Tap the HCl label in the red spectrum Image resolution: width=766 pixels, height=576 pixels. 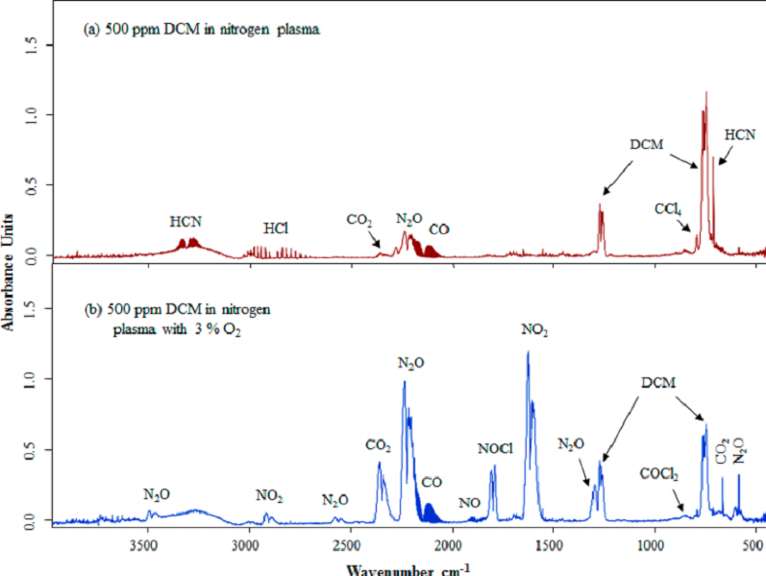277,228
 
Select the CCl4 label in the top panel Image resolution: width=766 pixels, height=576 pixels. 668,207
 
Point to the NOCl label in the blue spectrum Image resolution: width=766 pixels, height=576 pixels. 495,448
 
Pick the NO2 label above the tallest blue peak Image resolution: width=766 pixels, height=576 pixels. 535,330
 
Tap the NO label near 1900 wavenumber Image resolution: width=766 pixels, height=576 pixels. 470,502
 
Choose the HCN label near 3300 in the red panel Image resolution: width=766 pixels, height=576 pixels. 185,222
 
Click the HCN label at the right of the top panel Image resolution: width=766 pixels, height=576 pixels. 739,135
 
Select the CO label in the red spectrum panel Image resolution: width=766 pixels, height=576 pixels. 439,229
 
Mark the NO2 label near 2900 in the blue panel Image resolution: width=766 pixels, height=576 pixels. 269,495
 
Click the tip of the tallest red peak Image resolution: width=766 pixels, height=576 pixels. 706,92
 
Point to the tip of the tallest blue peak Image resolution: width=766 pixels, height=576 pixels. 528,351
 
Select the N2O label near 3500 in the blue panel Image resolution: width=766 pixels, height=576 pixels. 157,494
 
